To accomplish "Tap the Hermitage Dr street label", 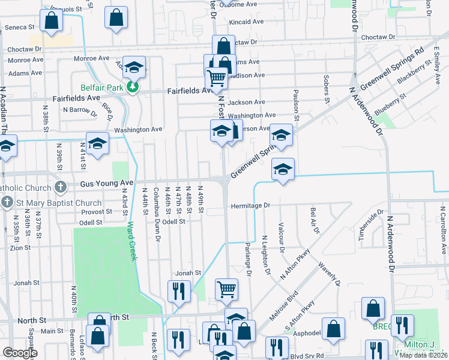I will point(251,205).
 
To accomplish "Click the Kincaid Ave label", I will point(247,22).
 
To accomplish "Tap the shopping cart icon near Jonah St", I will point(226,289).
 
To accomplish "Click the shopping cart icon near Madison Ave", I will point(216,77).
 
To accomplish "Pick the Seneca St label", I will point(19,28).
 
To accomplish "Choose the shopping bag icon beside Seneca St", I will point(52,20).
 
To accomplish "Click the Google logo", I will point(20,353).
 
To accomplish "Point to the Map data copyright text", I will point(424,355).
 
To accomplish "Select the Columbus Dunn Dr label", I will point(157,214).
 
